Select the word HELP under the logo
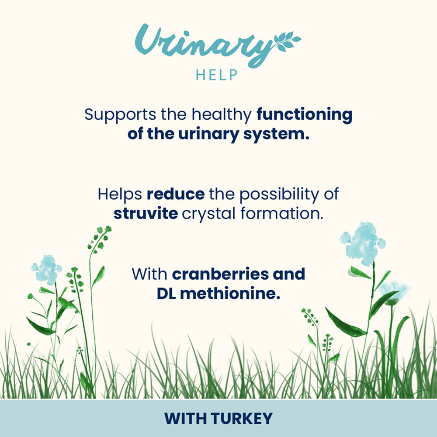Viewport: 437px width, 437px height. coord(217,75)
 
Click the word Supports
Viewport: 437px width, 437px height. coord(114,115)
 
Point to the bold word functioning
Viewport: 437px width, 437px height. coord(304,115)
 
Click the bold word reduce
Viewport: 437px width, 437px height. coord(175,194)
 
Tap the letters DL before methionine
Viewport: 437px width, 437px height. coord(166,293)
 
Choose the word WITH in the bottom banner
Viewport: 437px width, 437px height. coord(186,418)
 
